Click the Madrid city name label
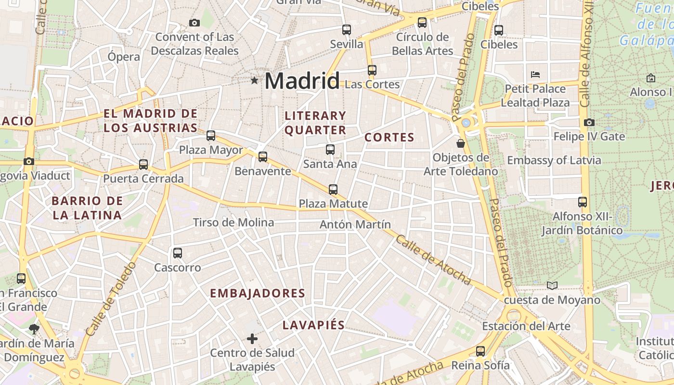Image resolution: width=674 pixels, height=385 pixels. pos(302,80)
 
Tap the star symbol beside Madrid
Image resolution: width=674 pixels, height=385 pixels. pos(254,80)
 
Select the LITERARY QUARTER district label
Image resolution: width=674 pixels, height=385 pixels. pos(315,123)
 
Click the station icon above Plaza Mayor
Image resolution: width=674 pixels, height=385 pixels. pos(210,136)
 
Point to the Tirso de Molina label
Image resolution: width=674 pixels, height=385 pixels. pos(233,222)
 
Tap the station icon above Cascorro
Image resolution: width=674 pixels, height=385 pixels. pos(177,253)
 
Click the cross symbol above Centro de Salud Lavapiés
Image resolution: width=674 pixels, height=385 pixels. pos(252,339)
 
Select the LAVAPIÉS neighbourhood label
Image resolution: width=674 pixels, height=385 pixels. pos(313,325)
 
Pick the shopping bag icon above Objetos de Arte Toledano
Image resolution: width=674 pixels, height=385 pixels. pos(461,143)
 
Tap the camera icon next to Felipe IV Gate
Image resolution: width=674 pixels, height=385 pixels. pos(589,123)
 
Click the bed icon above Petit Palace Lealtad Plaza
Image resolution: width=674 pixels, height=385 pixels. pos(535,75)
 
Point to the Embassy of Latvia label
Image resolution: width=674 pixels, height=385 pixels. pos(554,160)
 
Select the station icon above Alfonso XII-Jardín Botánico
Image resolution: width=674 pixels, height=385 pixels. pos(583,202)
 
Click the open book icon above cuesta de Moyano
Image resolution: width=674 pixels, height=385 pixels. pos(552,286)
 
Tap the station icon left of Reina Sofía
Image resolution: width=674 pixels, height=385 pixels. pos(480,351)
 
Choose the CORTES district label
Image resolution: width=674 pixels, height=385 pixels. pos(389,138)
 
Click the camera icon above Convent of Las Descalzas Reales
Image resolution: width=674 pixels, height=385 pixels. pos(194,23)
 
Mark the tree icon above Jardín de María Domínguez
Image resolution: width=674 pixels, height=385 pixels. pos(34,329)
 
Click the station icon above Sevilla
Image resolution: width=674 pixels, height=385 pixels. pos(346,30)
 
